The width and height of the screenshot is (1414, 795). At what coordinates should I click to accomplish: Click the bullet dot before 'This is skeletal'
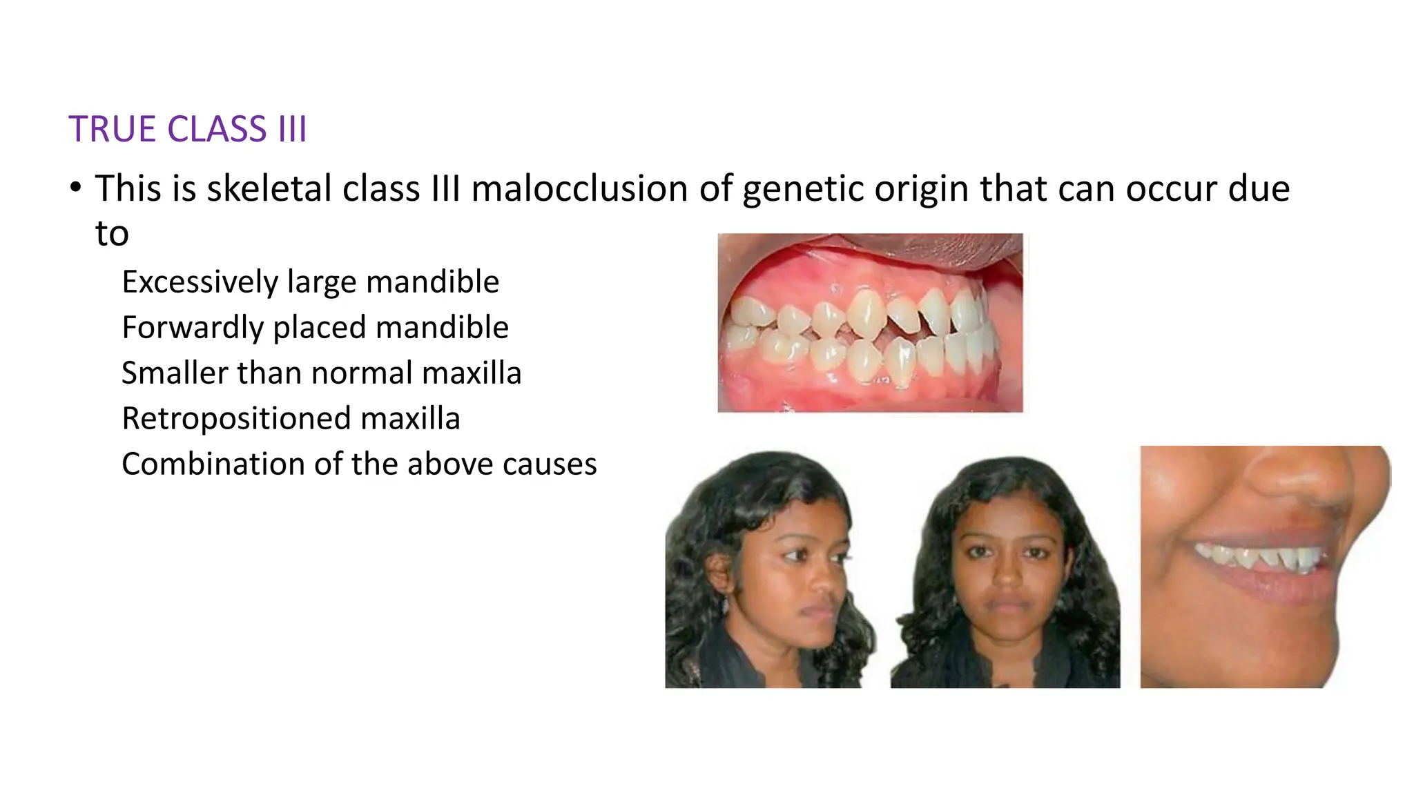pyautogui.click(x=76, y=188)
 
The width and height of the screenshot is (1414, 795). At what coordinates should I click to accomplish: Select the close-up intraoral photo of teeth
pyautogui.click(x=870, y=322)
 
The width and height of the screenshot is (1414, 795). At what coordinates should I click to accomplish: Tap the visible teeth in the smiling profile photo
pyautogui.click(x=1263, y=556)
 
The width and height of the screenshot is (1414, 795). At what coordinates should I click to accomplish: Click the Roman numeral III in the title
pyautogui.click(x=292, y=130)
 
